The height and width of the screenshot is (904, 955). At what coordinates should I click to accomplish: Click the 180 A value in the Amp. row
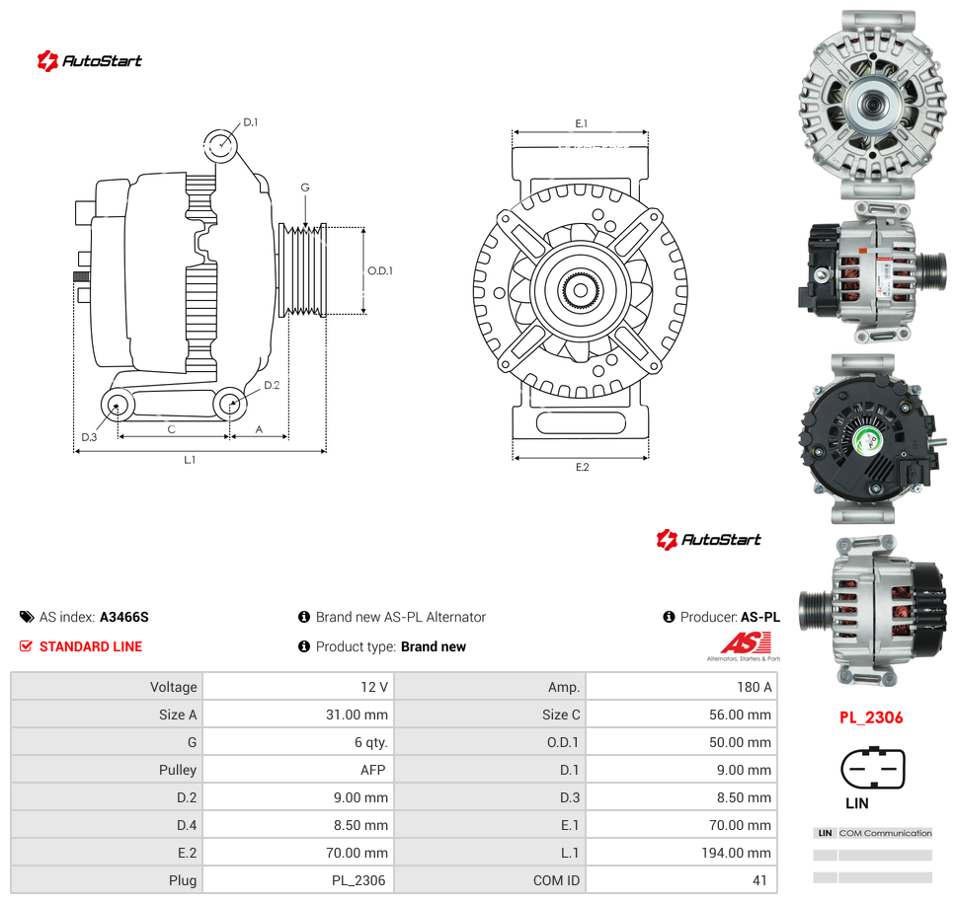[x=754, y=687]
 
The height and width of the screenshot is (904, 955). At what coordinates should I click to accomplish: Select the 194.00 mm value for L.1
[x=736, y=853]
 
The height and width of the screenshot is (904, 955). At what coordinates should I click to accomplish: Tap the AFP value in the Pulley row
[x=372, y=770]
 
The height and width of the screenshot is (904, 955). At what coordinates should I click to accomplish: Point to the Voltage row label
[x=174, y=687]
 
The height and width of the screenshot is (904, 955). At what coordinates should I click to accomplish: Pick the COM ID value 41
[x=759, y=880]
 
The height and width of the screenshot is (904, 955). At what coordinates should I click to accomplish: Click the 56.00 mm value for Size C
[x=740, y=715]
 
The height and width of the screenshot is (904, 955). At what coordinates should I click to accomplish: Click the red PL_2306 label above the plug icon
[x=871, y=717]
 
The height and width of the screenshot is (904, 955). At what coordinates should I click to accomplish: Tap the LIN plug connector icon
[x=873, y=768]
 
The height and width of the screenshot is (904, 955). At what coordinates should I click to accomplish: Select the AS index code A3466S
[x=124, y=617]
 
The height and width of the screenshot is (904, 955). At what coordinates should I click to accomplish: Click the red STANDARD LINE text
[x=91, y=646]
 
